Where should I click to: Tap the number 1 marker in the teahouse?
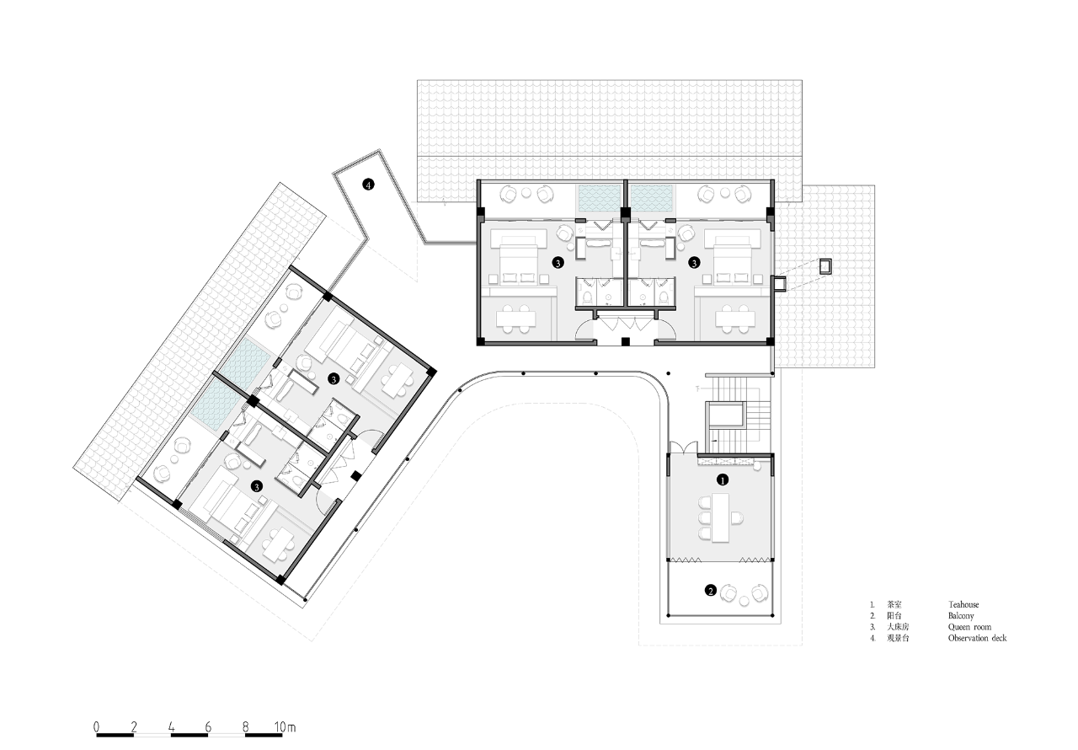click(x=722, y=479)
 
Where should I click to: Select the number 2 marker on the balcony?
click(x=711, y=591)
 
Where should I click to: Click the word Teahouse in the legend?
click(x=963, y=604)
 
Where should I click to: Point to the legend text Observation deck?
click(x=977, y=638)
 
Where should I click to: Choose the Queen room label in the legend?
click(x=969, y=627)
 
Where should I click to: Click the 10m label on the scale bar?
click(x=284, y=726)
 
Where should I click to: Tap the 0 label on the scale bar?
click(x=97, y=726)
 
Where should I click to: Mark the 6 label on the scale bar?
click(x=208, y=726)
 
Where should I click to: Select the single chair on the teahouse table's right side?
click(x=739, y=517)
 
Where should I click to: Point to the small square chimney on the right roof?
click(x=826, y=265)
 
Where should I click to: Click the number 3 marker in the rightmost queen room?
click(x=694, y=263)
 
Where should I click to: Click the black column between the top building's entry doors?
click(x=624, y=341)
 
